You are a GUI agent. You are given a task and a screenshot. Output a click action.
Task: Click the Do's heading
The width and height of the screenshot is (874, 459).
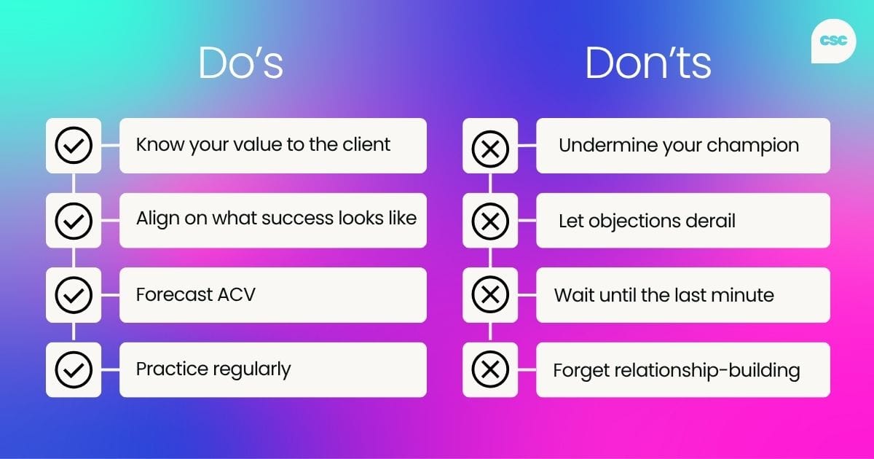pos(240,64)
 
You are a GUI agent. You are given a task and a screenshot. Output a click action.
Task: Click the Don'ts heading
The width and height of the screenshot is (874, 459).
pos(647,64)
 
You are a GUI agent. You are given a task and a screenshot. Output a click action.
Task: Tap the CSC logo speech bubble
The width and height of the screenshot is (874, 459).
pos(832,42)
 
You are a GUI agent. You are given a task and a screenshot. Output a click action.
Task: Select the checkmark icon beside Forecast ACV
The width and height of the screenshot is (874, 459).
pos(74,295)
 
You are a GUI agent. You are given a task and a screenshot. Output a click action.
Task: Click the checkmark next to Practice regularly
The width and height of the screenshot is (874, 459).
pos(74,369)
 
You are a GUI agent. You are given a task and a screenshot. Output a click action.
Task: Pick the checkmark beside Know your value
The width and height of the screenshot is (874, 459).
pos(74,146)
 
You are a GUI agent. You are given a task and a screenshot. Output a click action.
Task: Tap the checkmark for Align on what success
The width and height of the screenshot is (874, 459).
pos(74,220)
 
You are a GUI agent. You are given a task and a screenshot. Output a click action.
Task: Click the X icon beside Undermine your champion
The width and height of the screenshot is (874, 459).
pos(490,146)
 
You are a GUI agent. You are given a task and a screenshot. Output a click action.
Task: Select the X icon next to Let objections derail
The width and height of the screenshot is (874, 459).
pos(490,220)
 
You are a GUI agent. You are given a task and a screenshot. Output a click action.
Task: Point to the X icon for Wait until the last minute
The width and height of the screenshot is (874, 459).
pos(490,295)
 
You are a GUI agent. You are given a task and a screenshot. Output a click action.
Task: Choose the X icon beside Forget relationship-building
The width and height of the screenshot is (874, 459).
pos(490,369)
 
